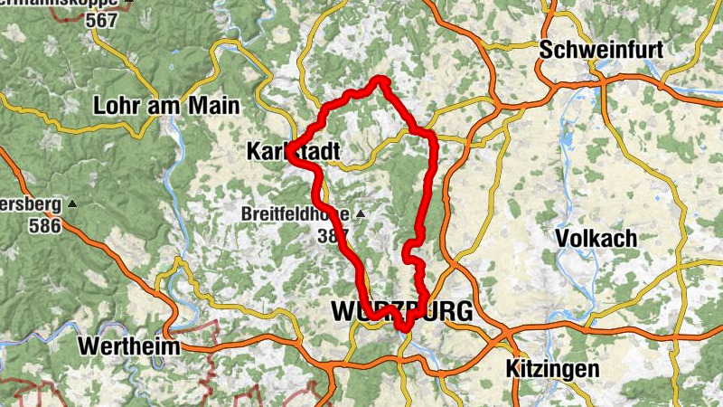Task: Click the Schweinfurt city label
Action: (601, 51)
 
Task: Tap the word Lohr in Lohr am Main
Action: (117, 106)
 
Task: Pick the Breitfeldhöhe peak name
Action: (296, 214)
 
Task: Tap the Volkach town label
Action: (596, 239)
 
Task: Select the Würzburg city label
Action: (402, 312)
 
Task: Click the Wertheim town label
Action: (129, 346)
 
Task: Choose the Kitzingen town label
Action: (552, 369)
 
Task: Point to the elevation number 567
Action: (103, 20)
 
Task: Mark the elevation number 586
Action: (43, 225)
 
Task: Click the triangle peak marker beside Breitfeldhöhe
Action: (361, 214)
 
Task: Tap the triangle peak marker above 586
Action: (72, 204)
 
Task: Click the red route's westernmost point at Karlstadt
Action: (291, 152)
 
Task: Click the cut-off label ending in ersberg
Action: (31, 205)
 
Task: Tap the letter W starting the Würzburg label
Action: (345, 312)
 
